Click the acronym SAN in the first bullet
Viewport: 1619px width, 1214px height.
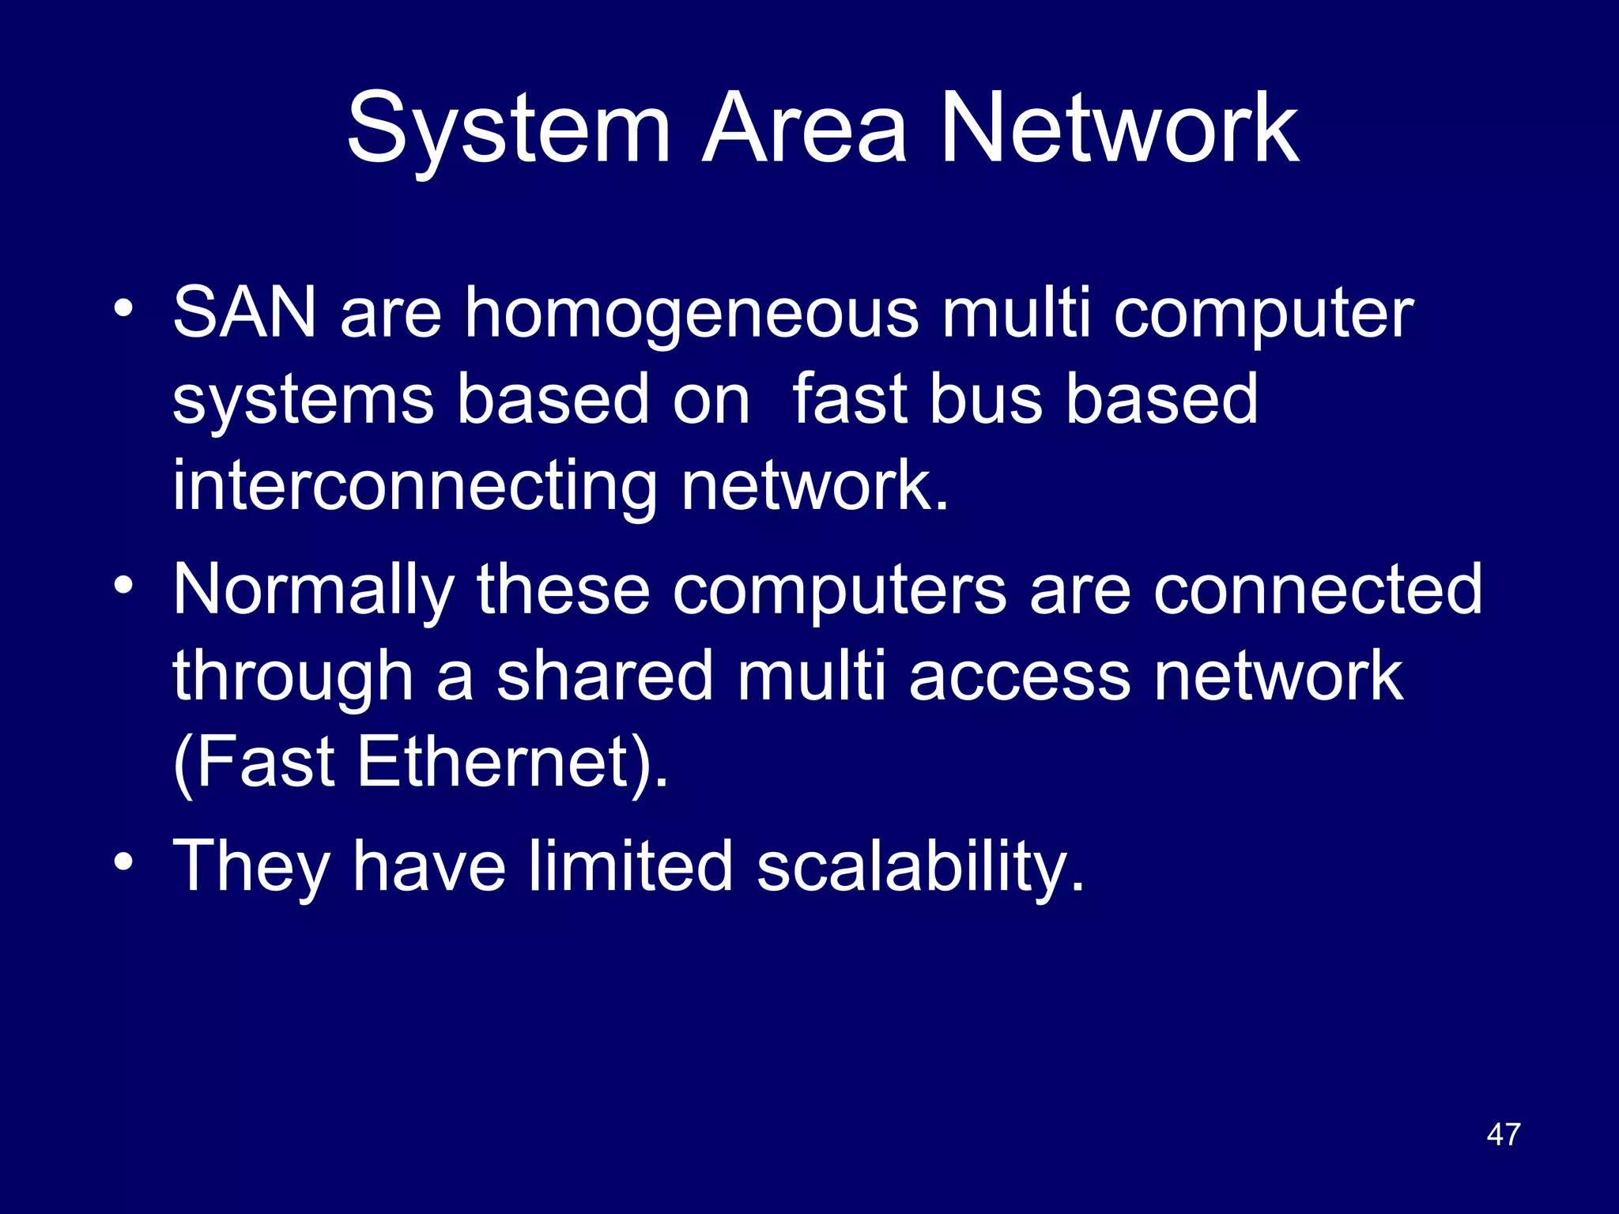coord(244,313)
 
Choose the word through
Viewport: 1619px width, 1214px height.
coord(293,678)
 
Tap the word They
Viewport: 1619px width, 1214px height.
coord(251,868)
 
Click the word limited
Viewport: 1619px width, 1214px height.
coord(630,866)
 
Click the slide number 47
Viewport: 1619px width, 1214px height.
coord(1503,1134)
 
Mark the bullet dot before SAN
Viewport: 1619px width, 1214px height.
coord(123,308)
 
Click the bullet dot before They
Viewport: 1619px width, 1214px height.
coord(123,861)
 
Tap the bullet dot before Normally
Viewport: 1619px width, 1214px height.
coord(123,585)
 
